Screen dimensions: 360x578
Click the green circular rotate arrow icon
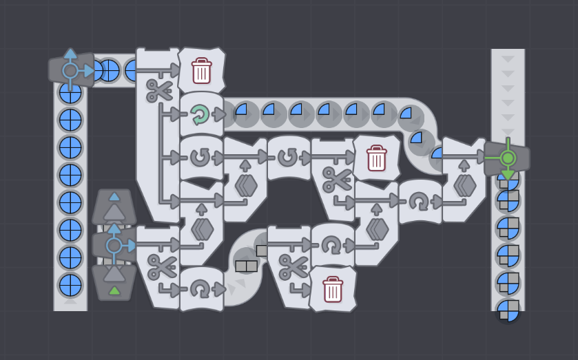(200, 114)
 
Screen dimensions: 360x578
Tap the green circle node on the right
(508, 158)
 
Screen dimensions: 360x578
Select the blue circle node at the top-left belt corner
(70, 70)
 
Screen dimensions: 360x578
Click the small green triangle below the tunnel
(114, 290)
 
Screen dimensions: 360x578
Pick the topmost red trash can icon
(201, 70)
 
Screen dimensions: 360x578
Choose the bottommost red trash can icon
(333, 289)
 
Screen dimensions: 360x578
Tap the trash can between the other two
(376, 158)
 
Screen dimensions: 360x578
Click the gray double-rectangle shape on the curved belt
(246, 266)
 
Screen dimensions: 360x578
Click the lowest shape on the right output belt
(508, 310)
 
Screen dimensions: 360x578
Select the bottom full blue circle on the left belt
(70, 285)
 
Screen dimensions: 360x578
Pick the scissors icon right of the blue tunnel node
(159, 265)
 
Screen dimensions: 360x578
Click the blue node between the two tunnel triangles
(114, 245)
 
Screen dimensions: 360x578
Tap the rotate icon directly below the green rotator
(200, 158)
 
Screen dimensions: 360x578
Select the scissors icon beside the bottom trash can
(289, 265)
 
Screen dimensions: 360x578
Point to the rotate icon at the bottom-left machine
(200, 289)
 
